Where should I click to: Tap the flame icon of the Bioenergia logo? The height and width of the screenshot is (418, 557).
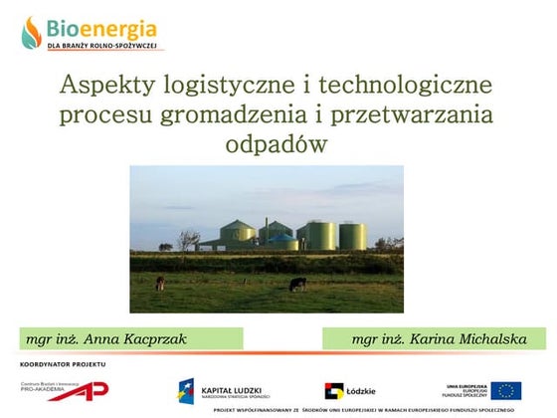(33, 32)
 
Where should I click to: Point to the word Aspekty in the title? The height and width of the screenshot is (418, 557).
(103, 85)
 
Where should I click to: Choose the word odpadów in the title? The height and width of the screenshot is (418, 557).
(278, 145)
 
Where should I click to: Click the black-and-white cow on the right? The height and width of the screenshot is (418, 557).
(297, 284)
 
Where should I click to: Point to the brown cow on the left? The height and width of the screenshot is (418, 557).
(160, 283)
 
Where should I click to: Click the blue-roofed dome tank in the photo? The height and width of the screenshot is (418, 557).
(282, 240)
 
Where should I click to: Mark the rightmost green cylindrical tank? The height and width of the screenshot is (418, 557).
(352, 236)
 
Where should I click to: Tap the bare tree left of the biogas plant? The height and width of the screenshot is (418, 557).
(189, 240)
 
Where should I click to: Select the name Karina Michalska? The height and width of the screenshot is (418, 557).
(467, 339)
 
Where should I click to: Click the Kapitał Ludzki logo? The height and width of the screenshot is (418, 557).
(208, 390)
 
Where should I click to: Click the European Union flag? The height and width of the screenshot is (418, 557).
(506, 390)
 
